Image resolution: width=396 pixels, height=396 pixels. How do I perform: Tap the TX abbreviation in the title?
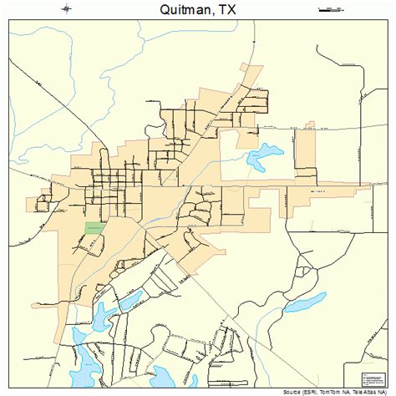coord(240,11)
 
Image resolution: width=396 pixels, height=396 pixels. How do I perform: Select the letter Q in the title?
coord(147,11)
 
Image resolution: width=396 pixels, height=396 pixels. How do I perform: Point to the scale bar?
coord(330,10)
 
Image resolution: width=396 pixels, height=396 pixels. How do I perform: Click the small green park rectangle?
coord(94,227)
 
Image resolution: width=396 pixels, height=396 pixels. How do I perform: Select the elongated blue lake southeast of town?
coord(305,302)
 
